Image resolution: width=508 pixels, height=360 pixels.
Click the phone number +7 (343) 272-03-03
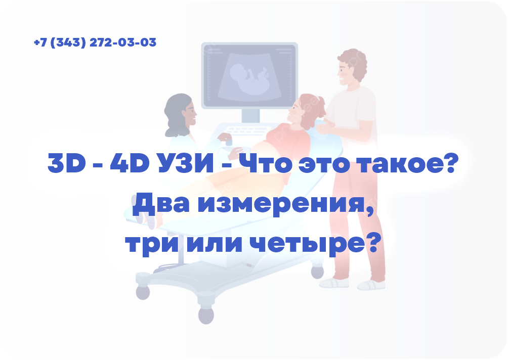coord(95,42)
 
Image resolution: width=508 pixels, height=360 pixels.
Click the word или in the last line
coord(213,244)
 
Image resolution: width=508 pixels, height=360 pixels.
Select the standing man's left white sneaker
coord(334,283)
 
